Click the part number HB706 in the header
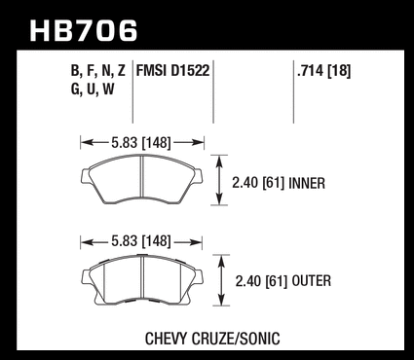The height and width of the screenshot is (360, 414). [x=84, y=31]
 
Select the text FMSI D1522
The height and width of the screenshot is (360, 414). [x=172, y=70]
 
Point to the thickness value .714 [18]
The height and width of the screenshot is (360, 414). [x=323, y=71]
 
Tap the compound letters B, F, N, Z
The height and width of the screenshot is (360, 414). [x=98, y=71]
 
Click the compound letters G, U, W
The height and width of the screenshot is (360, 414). [x=93, y=89]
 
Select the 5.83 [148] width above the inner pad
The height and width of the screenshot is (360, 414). [x=141, y=143]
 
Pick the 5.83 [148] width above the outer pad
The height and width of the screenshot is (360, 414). [x=141, y=241]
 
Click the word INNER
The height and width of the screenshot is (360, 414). [x=307, y=183]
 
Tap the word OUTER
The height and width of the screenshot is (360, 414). [x=312, y=281]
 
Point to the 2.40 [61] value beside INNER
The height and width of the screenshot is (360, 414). [x=258, y=183]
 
